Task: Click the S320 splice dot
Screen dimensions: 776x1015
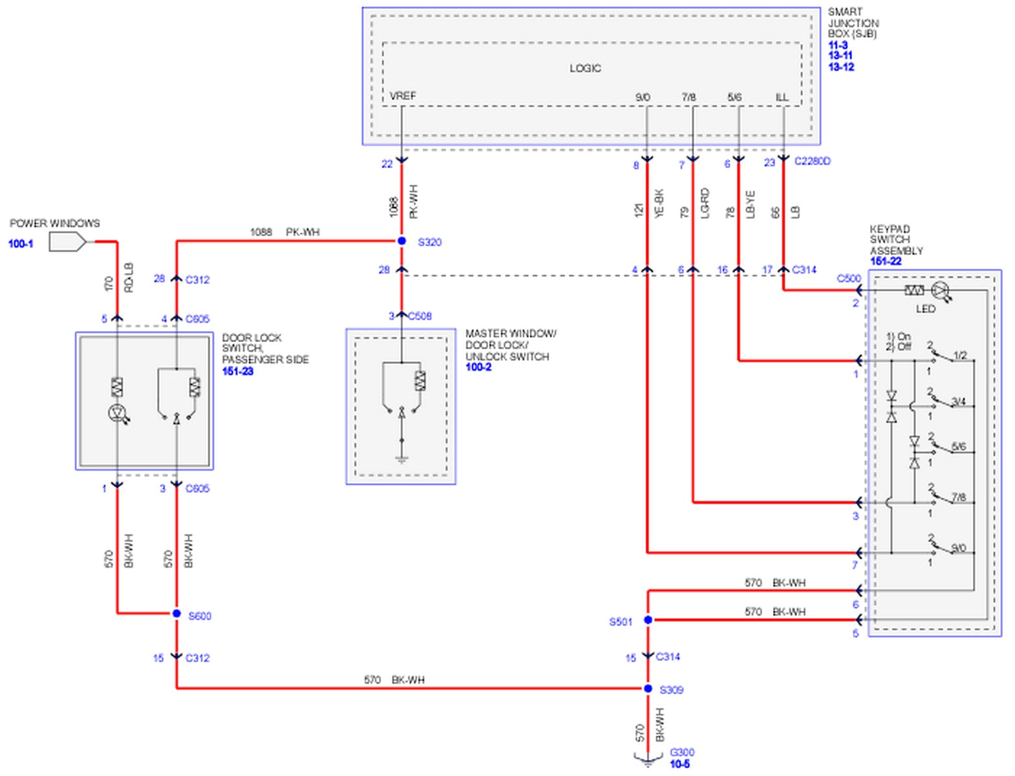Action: pos(402,241)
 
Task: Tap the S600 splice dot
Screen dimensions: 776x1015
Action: pos(177,613)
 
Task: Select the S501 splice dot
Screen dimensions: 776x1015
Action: pos(648,620)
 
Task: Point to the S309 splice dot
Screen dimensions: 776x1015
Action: pos(648,689)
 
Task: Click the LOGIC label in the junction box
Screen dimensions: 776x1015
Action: pos(585,68)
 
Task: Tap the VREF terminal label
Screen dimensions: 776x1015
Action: pos(402,96)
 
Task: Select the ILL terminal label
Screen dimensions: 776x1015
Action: pos(782,97)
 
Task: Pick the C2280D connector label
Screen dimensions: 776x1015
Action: pos(812,161)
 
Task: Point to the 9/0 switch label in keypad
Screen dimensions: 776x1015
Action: pos(958,548)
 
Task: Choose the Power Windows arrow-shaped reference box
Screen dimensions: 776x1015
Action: pos(68,242)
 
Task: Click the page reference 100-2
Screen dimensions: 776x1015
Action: pos(478,367)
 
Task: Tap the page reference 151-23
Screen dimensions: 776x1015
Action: pos(237,371)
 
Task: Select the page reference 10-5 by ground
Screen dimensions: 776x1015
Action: pos(679,764)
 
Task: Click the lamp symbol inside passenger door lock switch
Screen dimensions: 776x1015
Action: pos(117,413)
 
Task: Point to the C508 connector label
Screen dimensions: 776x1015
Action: pos(420,316)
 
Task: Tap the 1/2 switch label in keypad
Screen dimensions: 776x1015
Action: pos(960,355)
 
